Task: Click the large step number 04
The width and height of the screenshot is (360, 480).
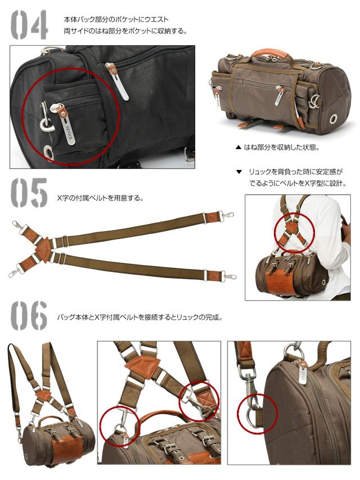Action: (29, 24)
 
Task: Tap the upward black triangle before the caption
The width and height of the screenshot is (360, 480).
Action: (238, 148)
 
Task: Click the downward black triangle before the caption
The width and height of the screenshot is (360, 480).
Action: (238, 172)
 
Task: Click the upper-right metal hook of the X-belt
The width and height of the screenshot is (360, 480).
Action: (227, 216)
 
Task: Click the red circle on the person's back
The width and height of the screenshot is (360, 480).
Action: (293, 231)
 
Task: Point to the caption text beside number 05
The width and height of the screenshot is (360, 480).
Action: (101, 198)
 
